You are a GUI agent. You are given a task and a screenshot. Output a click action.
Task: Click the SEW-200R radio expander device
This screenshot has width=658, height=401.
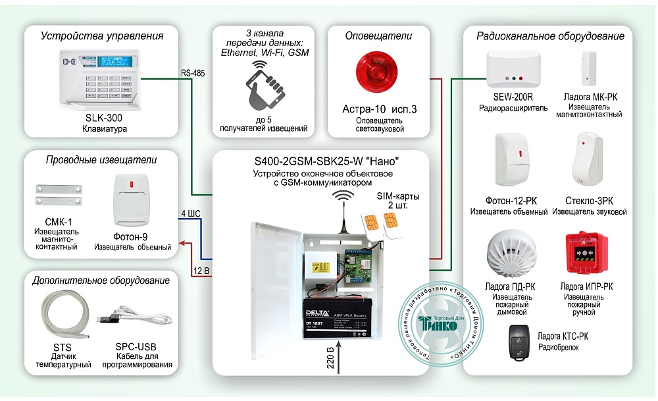[x=511, y=69]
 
